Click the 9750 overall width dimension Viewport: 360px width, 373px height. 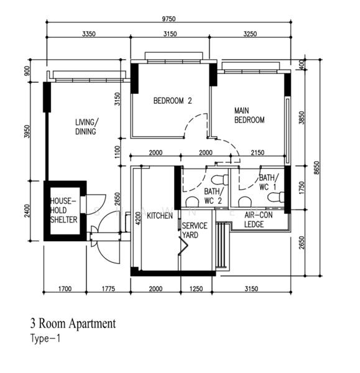pyautogui.click(x=168, y=19)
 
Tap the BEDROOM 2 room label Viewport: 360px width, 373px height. pyautogui.click(x=172, y=101)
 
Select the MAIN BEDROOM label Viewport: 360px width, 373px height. pyautogui.click(x=249, y=115)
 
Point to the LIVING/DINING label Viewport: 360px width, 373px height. pyautogui.click(x=86, y=127)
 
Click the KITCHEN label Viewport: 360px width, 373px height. pyautogui.click(x=160, y=216)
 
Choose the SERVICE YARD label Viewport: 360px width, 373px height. pyautogui.click(x=195, y=230)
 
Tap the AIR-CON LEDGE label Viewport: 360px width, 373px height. pyautogui.click(x=258, y=219)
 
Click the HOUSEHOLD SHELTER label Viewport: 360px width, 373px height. pyautogui.click(x=64, y=210)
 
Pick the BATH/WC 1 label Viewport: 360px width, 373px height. pyautogui.click(x=269, y=182)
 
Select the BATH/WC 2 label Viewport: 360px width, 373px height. pyautogui.click(x=214, y=196)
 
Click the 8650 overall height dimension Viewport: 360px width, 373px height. pyautogui.click(x=316, y=168)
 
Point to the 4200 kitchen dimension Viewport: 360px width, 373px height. pyautogui.click(x=138, y=218)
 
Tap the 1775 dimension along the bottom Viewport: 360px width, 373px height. pyautogui.click(x=108, y=289)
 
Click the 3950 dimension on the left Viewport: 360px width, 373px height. pyautogui.click(x=27, y=131)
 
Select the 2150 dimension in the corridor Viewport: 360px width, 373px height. pyautogui.click(x=257, y=152)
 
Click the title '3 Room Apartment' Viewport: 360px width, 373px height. pyautogui.click(x=73, y=324)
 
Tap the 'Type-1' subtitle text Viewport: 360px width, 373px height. pyautogui.click(x=45, y=338)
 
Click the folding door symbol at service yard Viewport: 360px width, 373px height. pyautogui.click(x=183, y=246)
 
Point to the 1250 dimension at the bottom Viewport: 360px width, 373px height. pyautogui.click(x=196, y=289)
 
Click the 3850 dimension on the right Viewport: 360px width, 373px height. pyautogui.click(x=302, y=117)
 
